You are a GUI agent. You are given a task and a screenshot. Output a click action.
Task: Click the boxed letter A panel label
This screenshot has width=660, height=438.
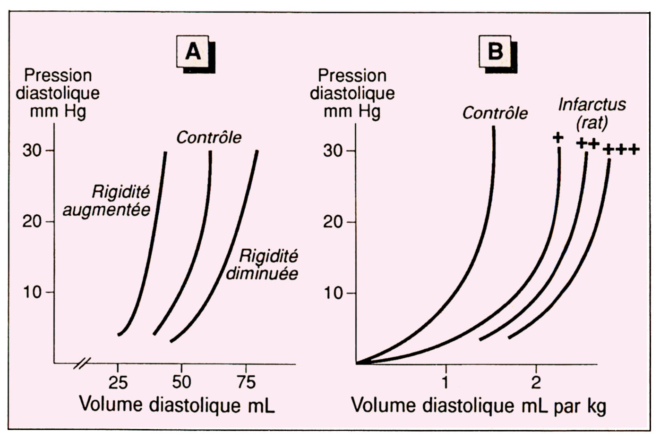[194, 51]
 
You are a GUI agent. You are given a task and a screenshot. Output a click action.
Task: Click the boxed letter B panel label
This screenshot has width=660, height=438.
[495, 50]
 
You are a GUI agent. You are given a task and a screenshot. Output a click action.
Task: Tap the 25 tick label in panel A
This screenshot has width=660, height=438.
[118, 382]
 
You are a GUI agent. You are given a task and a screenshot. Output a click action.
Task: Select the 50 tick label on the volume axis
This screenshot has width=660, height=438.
[181, 381]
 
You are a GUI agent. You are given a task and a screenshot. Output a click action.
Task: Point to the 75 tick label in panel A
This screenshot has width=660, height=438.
[246, 381]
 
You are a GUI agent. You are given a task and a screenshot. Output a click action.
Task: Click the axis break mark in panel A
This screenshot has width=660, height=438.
[82, 363]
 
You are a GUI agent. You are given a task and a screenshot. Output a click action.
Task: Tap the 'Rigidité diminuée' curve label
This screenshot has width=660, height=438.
[263, 264]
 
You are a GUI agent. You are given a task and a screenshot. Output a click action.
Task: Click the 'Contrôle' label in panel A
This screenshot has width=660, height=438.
[209, 137]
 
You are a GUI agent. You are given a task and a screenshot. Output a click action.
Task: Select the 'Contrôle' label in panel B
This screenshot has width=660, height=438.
[495, 113]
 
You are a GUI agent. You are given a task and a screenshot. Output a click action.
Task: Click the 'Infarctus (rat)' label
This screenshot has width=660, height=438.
[591, 113]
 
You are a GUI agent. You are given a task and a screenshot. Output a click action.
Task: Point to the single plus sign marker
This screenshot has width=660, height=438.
[558, 137]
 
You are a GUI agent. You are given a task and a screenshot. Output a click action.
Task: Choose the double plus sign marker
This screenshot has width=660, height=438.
[588, 143]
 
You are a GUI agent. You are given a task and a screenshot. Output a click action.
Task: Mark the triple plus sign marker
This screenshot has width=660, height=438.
[622, 150]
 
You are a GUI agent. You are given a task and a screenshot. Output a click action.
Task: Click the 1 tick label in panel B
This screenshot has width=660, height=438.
[445, 381]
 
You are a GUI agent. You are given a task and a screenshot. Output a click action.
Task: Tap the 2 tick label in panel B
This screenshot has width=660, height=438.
[536, 381]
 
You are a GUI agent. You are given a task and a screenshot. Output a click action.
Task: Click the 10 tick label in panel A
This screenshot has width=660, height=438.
[33, 292]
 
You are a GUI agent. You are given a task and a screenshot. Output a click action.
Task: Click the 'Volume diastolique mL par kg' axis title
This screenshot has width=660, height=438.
[478, 405]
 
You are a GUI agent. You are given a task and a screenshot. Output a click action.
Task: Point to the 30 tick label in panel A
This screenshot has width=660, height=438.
[33, 151]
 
